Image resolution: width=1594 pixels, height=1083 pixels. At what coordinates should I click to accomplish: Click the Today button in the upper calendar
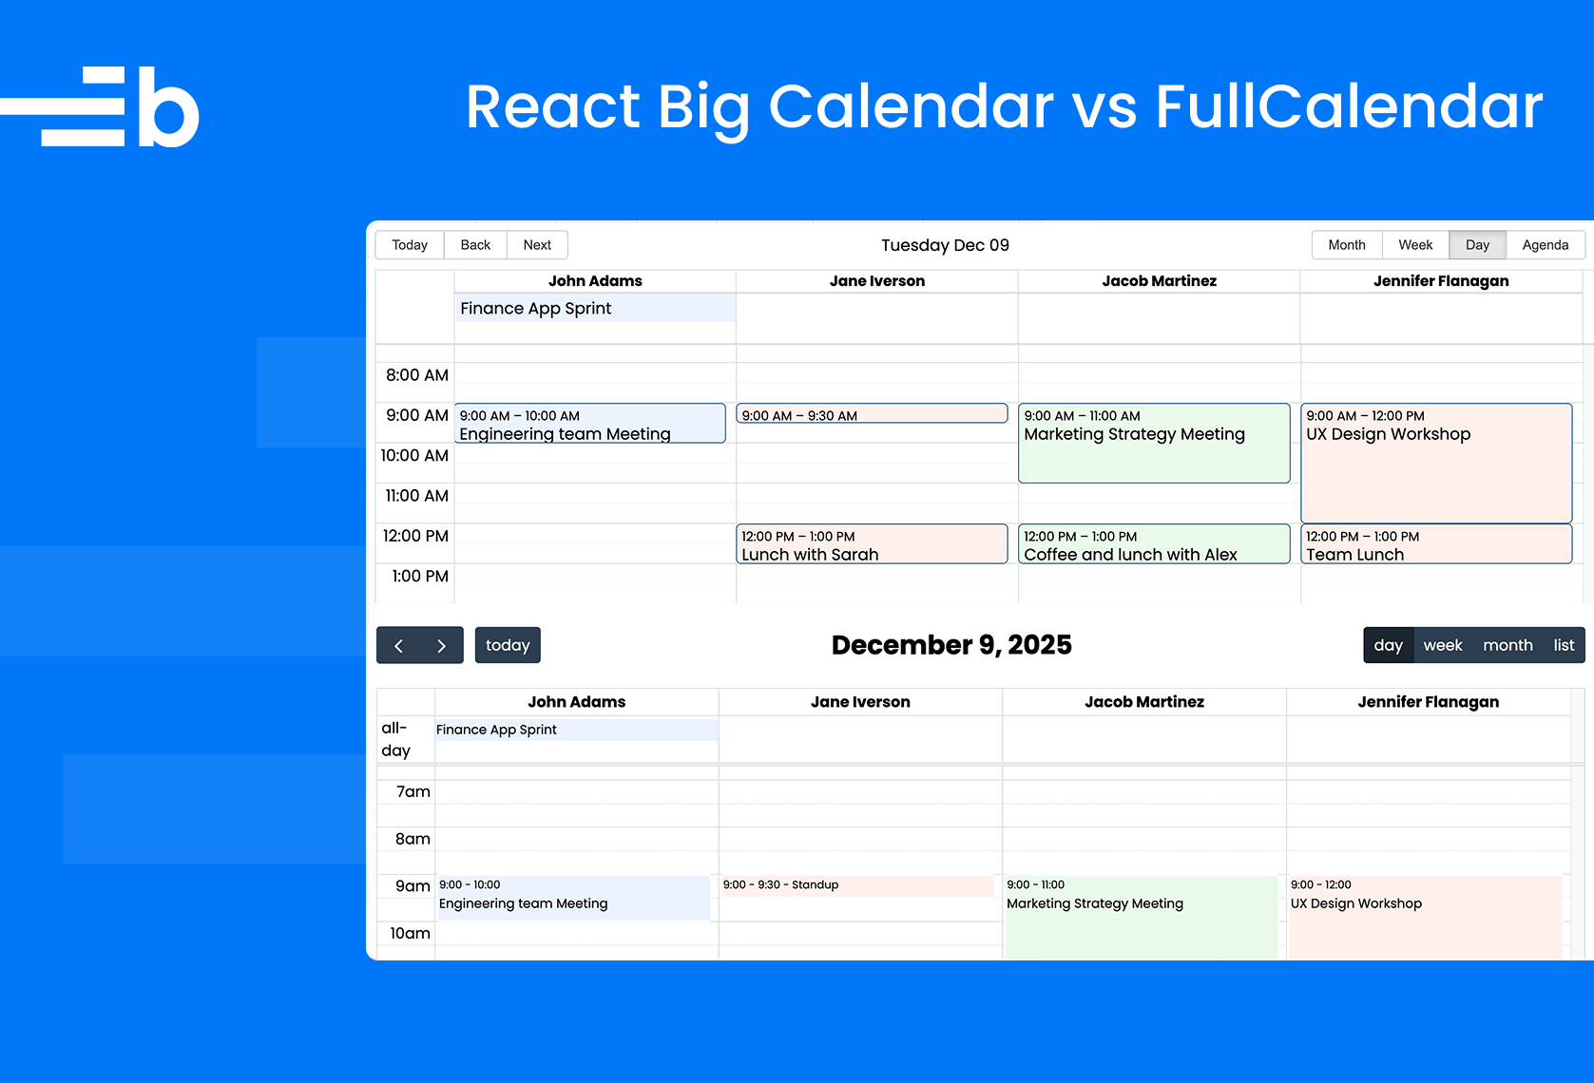pos(410,244)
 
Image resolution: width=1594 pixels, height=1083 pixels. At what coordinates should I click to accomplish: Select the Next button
pos(537,244)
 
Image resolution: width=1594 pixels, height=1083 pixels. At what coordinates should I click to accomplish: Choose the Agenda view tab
pos(1545,244)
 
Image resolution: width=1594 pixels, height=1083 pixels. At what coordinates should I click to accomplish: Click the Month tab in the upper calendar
pos(1346,244)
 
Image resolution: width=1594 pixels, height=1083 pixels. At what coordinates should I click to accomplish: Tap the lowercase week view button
pos(1443,645)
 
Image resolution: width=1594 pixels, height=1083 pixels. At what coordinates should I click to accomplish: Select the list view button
pos(1564,645)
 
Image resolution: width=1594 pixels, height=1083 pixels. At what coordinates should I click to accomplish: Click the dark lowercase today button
pos(508,645)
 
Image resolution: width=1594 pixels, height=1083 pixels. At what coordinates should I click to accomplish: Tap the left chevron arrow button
pos(398,645)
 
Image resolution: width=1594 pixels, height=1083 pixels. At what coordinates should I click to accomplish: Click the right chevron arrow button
pos(442,645)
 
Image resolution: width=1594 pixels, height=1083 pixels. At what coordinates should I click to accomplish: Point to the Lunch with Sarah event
pos(872,544)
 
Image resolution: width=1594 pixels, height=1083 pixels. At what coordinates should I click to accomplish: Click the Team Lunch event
pos(1436,544)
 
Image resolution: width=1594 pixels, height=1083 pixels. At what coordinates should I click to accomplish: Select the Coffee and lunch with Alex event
pos(1154,544)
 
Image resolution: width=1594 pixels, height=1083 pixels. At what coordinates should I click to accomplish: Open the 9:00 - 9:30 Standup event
pos(856,885)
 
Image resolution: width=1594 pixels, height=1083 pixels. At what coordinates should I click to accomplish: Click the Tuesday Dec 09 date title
pos(945,245)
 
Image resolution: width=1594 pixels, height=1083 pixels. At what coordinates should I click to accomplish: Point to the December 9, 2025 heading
pos(951,645)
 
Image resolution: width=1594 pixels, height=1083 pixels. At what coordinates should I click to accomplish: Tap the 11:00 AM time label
pos(416,496)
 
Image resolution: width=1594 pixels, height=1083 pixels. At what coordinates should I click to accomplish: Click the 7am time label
pos(413,791)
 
